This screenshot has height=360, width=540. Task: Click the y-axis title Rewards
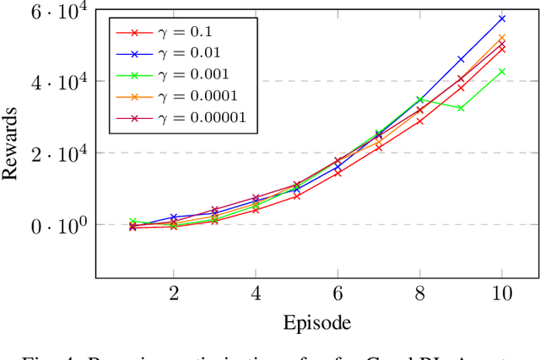tap(11, 142)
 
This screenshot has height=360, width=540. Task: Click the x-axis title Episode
tap(316, 322)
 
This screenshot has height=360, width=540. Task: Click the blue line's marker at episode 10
tap(501, 19)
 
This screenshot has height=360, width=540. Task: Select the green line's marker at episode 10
tap(501, 72)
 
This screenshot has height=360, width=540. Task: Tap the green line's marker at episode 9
tap(461, 108)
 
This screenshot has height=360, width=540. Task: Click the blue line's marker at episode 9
tap(461, 59)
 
